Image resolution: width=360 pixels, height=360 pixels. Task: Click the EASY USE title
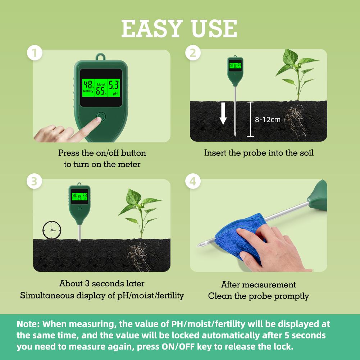(x=179, y=28)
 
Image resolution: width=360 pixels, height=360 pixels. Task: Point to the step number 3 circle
(x=35, y=182)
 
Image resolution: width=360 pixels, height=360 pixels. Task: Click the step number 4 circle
(x=193, y=182)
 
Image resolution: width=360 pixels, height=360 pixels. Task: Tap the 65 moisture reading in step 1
(x=101, y=91)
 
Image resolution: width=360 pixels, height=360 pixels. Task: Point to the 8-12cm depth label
(x=268, y=119)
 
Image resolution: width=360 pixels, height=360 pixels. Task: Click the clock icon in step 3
(x=52, y=229)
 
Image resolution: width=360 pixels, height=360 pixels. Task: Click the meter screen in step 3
(x=79, y=196)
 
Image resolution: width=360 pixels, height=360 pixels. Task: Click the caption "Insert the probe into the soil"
(x=259, y=153)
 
